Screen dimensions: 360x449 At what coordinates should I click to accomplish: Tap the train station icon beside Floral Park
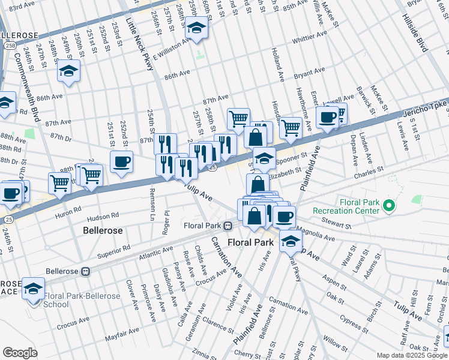[x=228, y=226]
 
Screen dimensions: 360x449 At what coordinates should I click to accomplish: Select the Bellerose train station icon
[x=85, y=271]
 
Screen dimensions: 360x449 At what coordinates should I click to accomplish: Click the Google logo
[x=20, y=353]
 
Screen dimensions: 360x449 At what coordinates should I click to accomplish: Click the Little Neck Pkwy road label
[x=140, y=43]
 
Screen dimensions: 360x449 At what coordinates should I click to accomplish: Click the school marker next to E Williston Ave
[x=196, y=28]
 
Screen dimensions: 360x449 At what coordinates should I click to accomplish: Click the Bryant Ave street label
[x=309, y=71]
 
